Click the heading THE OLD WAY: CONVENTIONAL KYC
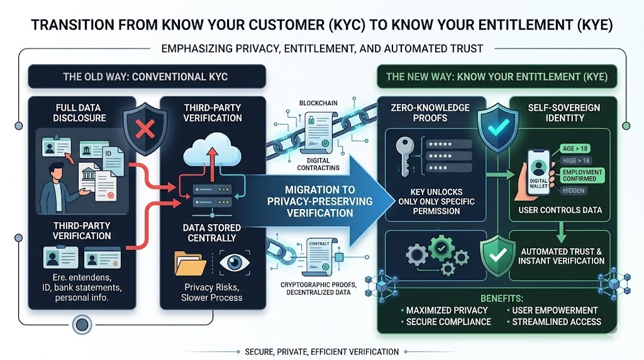145,77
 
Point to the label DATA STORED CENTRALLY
209,233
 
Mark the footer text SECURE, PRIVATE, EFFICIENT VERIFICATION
321,351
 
